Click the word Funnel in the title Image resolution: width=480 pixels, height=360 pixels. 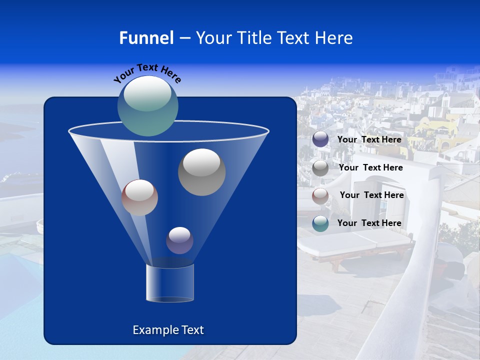[146, 38]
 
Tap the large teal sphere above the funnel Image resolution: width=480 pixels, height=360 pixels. [148, 105]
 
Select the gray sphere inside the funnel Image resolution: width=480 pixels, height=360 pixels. [201, 172]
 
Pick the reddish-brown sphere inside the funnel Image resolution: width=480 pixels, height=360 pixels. [139, 197]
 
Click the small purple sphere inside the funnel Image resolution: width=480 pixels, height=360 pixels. [179, 240]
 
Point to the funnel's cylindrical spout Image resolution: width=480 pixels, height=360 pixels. [170, 283]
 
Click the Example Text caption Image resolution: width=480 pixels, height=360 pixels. [168, 330]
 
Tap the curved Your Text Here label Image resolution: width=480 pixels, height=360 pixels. [147, 73]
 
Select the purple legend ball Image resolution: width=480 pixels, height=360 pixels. [320, 139]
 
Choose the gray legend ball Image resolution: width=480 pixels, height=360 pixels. [320, 168]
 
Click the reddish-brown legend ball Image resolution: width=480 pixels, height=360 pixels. [320, 196]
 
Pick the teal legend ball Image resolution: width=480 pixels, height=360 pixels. [320, 223]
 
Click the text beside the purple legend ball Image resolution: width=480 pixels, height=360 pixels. [369, 140]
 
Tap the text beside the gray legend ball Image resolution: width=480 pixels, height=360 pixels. [370, 168]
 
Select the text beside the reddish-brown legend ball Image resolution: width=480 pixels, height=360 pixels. [371, 195]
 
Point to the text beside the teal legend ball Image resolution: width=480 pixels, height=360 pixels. [369, 223]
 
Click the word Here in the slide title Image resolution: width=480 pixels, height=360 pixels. [336, 38]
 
